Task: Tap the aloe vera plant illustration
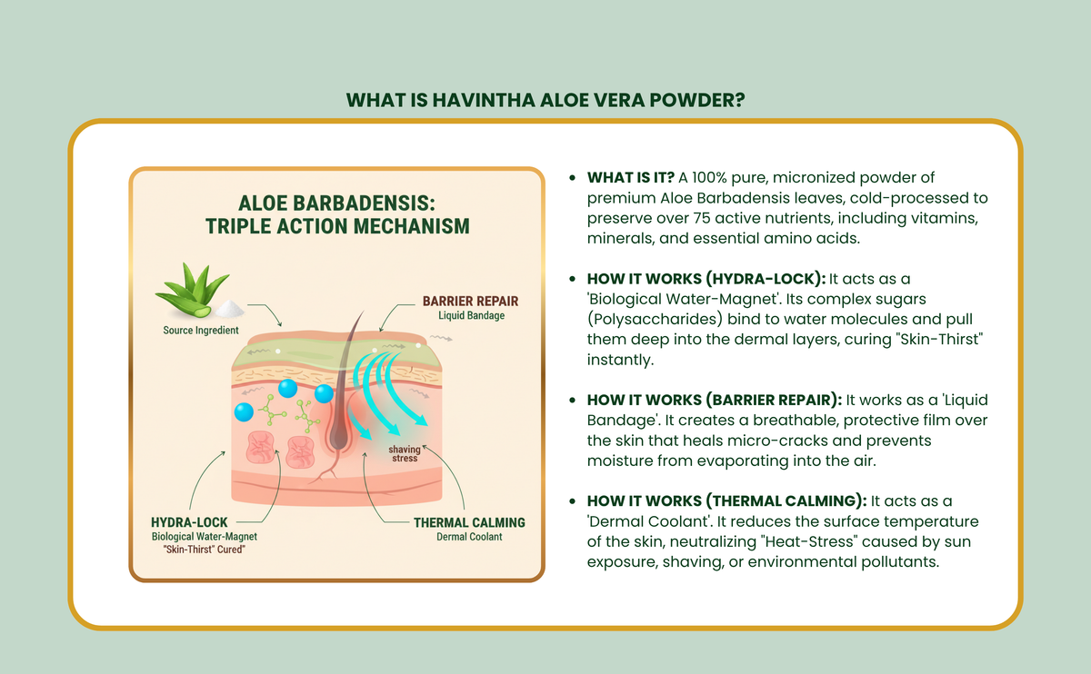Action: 192,291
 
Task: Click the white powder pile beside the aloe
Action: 229,309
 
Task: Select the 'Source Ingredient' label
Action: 201,331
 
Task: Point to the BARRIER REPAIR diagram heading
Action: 471,302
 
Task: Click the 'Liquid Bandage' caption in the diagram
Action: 472,315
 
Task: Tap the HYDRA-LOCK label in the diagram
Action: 189,522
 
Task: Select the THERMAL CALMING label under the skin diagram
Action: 469,522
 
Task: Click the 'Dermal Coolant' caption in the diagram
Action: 469,537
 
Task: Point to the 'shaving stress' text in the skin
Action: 405,453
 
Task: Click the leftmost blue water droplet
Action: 244,412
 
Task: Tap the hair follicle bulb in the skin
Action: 339,435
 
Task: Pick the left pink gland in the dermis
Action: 260,447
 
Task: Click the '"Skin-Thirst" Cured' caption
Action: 204,550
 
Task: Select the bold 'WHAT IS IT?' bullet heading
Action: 631,178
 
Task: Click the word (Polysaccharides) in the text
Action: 656,319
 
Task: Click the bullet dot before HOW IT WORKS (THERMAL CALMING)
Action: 572,501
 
